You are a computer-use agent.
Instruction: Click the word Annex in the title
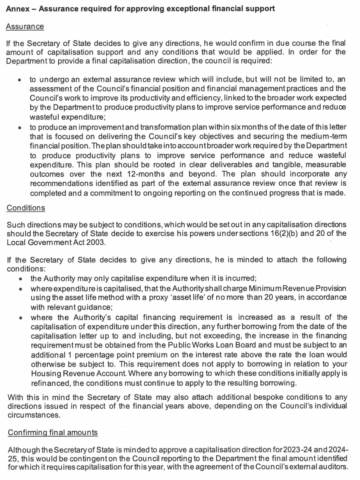pos(17,9)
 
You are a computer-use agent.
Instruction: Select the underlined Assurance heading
pos(25,27)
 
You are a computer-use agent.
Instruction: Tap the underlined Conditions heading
pos(25,208)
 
